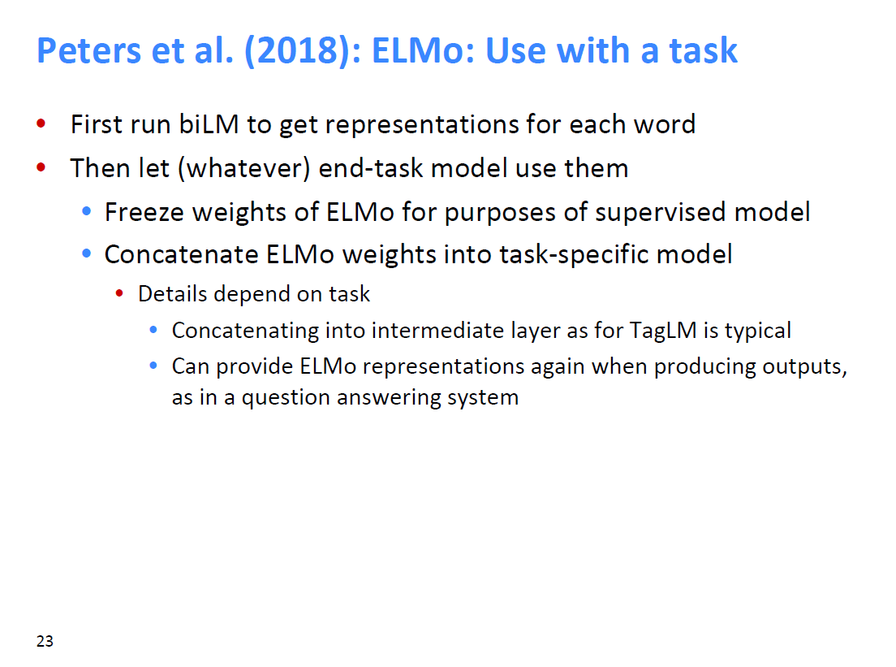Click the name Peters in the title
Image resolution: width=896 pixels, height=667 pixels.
point(89,50)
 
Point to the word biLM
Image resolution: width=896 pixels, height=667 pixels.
point(209,124)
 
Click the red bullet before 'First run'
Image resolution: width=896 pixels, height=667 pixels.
point(41,123)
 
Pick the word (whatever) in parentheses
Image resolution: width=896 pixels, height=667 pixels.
point(244,169)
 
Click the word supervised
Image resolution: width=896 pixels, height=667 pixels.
point(660,213)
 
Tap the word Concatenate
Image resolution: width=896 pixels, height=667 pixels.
point(181,254)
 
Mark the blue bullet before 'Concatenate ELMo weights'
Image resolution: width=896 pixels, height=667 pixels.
point(86,253)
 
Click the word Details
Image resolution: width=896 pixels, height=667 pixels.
point(173,294)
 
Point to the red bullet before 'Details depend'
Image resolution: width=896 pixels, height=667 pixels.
point(119,293)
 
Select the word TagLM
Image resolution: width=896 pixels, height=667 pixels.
point(663,331)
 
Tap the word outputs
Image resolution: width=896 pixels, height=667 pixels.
point(804,366)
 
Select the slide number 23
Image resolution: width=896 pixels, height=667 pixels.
point(45,641)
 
